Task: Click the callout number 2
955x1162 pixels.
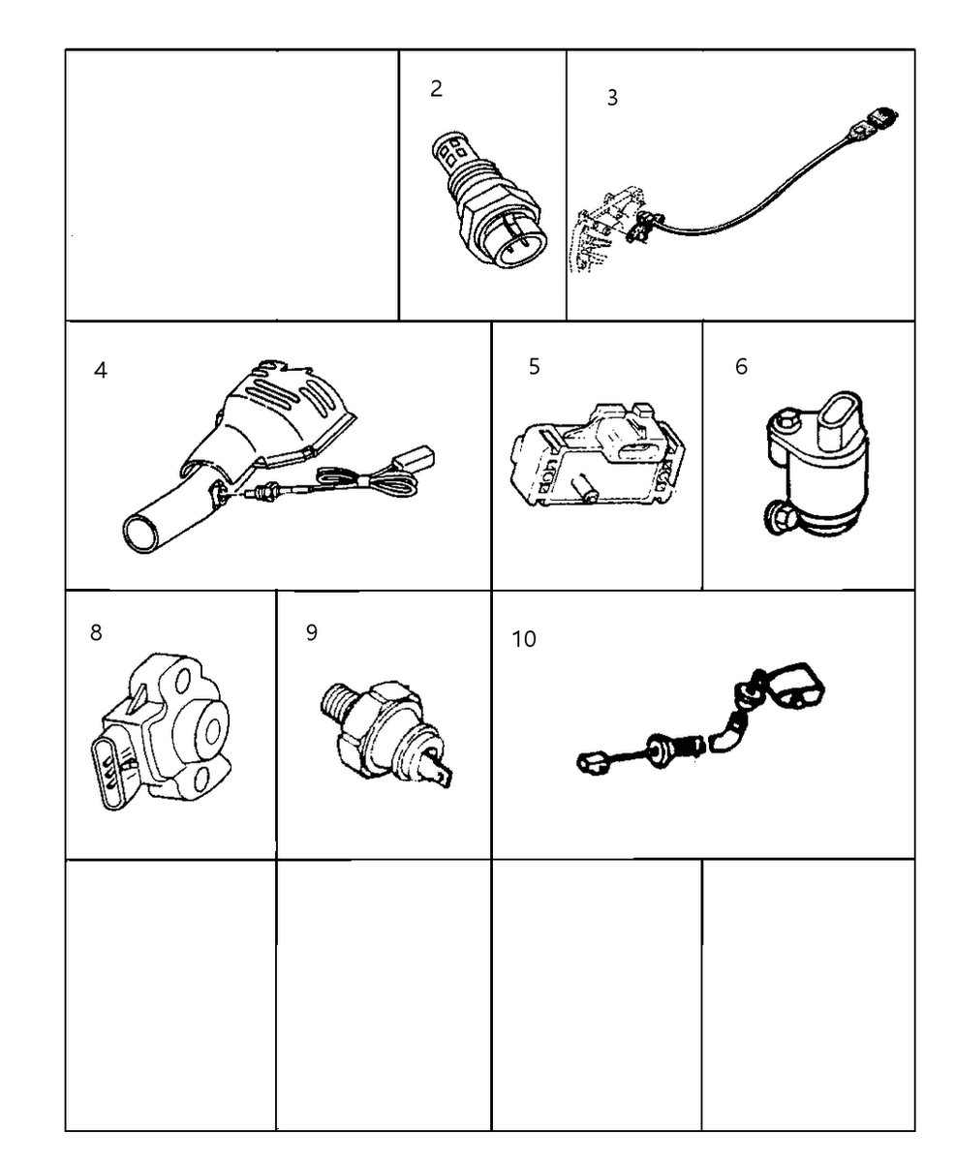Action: (x=436, y=89)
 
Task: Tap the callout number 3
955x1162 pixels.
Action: (x=612, y=98)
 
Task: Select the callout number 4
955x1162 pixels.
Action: (x=101, y=370)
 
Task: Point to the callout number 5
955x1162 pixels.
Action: (x=534, y=366)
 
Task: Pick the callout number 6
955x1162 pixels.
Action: (x=741, y=366)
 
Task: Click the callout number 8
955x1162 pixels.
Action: (x=96, y=632)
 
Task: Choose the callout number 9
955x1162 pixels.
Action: (x=311, y=632)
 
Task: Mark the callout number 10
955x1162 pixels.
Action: (x=524, y=639)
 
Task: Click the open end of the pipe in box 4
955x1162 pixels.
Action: (x=140, y=532)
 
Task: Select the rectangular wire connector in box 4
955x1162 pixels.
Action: (x=413, y=460)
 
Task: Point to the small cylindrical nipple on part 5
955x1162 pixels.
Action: (x=584, y=488)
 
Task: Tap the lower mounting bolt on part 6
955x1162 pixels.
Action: (x=779, y=518)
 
